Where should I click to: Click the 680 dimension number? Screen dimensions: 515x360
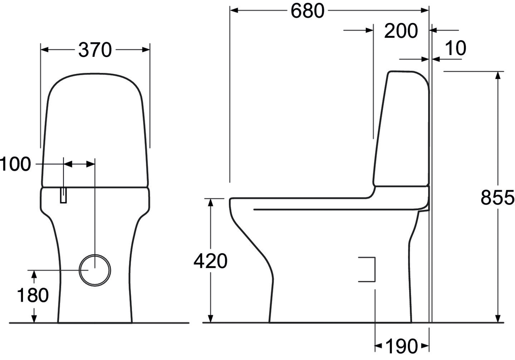pyautogui.click(x=308, y=11)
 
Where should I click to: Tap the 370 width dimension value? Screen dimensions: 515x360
pyautogui.click(x=95, y=50)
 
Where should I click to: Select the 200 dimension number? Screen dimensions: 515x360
pyautogui.click(x=401, y=31)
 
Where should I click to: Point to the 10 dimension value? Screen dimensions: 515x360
pyautogui.click(x=456, y=48)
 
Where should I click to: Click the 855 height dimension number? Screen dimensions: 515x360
pyautogui.click(x=497, y=197)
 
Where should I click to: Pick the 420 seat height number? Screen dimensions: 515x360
pyautogui.click(x=210, y=261)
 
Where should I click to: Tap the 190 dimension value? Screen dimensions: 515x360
pyautogui.click(x=401, y=346)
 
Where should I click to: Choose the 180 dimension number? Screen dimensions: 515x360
pyautogui.click(x=33, y=295)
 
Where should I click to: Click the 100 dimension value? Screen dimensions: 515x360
pyautogui.click(x=15, y=164)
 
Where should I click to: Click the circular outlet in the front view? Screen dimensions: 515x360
pyautogui.click(x=95, y=255)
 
